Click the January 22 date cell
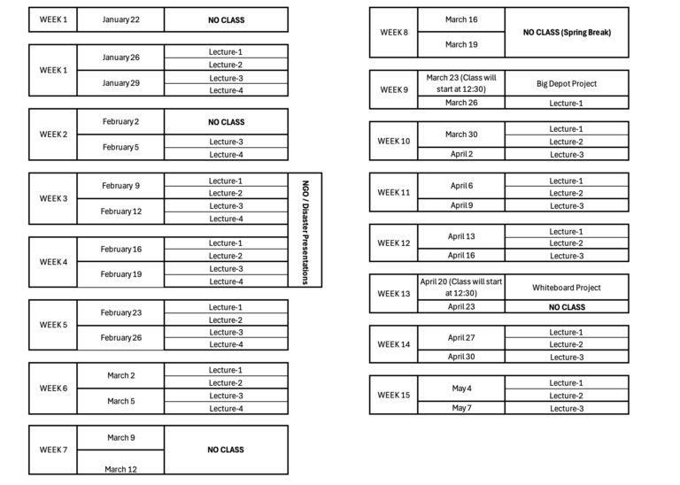(x=120, y=19)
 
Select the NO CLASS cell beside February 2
(x=226, y=122)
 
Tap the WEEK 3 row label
(x=53, y=198)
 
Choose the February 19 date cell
(x=120, y=274)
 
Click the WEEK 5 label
(x=53, y=325)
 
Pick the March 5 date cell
(x=120, y=401)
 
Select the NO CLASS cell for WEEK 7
(x=226, y=450)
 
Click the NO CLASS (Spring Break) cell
(x=567, y=32)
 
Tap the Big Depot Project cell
(x=567, y=83)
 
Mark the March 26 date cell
(x=461, y=103)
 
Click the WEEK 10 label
(x=393, y=141)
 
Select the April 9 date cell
(x=461, y=205)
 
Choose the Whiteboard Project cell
(x=567, y=287)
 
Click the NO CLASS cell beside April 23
(x=567, y=307)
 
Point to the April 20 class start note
(x=461, y=287)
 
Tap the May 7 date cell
(x=461, y=408)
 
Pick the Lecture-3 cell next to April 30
(x=567, y=358)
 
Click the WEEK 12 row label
(x=393, y=242)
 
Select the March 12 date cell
(x=120, y=469)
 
